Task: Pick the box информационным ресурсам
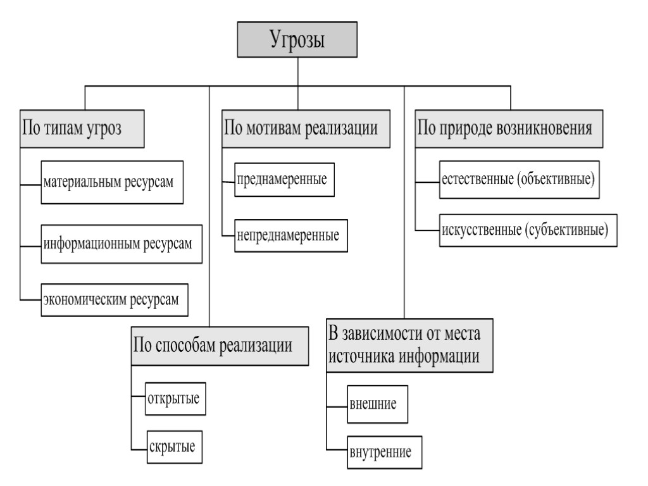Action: click(121, 244)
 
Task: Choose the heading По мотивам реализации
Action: click(304, 128)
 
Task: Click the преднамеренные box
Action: click(280, 180)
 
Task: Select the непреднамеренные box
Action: click(287, 235)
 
